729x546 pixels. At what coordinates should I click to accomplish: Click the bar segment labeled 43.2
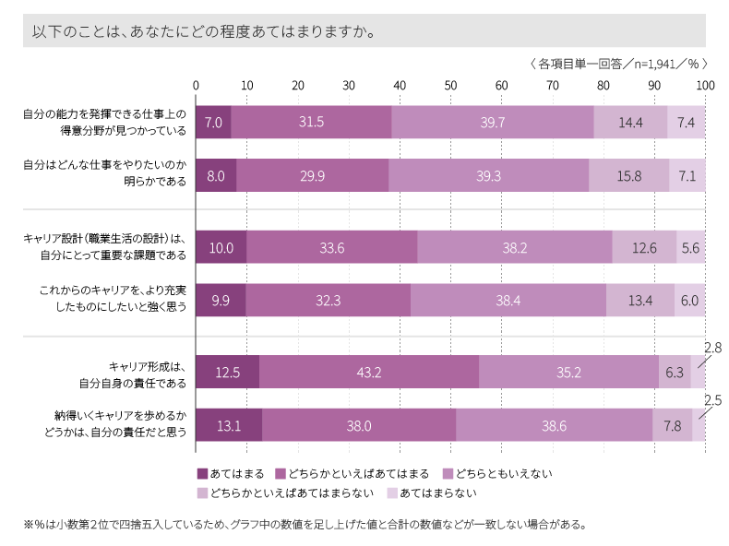(x=369, y=373)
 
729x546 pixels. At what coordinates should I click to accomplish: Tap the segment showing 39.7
(x=492, y=122)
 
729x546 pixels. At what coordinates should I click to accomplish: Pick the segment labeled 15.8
(x=628, y=175)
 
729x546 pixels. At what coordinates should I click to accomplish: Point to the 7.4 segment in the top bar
(x=686, y=122)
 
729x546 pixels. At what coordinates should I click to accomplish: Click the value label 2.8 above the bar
(x=712, y=348)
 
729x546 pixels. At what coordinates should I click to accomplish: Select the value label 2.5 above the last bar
(x=712, y=400)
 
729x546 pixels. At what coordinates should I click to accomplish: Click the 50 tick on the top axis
(x=450, y=85)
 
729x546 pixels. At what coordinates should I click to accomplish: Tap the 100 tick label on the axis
(x=705, y=85)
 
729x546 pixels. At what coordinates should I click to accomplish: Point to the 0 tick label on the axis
(x=196, y=85)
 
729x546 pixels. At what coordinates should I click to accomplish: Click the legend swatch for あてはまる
(x=202, y=473)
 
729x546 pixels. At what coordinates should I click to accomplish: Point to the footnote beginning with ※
(x=305, y=525)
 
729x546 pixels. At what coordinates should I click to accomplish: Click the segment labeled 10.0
(x=221, y=247)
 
